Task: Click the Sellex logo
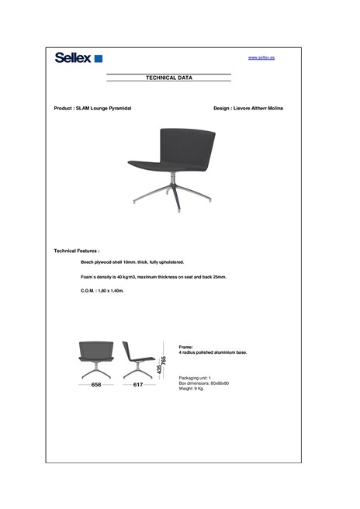[78, 57]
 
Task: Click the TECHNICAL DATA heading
[169, 78]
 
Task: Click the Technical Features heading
[77, 251]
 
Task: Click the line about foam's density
[153, 277]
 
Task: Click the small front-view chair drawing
[97, 358]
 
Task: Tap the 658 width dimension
[96, 385]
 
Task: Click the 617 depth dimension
[138, 385]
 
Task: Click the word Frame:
[186, 347]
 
